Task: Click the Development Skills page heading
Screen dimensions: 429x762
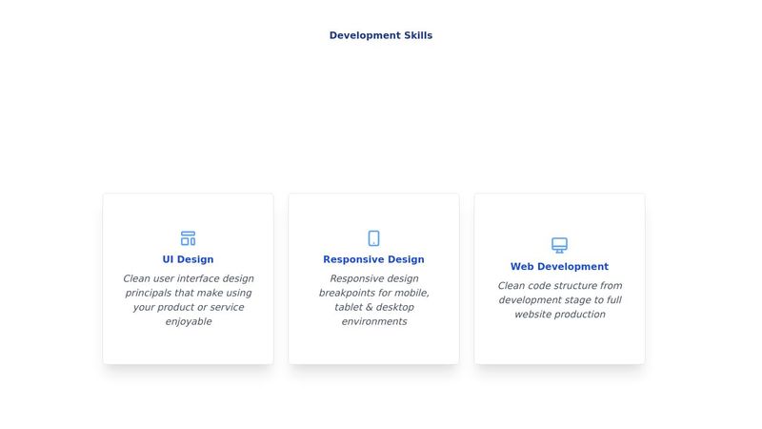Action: [x=381, y=35]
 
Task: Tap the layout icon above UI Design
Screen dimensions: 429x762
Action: [x=188, y=238]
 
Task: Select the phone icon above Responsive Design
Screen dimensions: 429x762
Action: [x=374, y=238]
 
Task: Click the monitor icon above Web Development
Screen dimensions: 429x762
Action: [x=559, y=245]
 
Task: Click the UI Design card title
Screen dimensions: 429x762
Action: [x=188, y=259]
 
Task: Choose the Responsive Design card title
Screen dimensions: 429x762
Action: [x=373, y=259]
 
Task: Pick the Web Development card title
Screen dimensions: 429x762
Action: [x=559, y=267]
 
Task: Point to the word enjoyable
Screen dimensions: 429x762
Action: [x=188, y=321]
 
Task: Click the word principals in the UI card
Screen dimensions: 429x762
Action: [x=150, y=293]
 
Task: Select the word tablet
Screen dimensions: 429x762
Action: [x=350, y=307]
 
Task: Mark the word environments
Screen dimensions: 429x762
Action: [x=374, y=321]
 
